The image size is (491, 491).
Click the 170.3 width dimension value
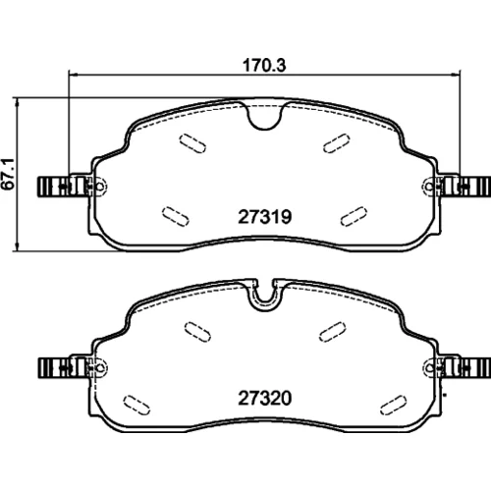pos(264,66)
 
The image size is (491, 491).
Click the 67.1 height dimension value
pos(8,174)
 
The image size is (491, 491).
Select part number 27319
pos(264,217)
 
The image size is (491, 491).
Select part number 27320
pos(264,399)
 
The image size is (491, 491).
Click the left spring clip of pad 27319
pos(64,187)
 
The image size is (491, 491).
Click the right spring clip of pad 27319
pos(464,187)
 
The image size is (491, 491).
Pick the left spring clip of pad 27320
pos(64,367)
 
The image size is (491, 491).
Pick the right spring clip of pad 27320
pos(464,367)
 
